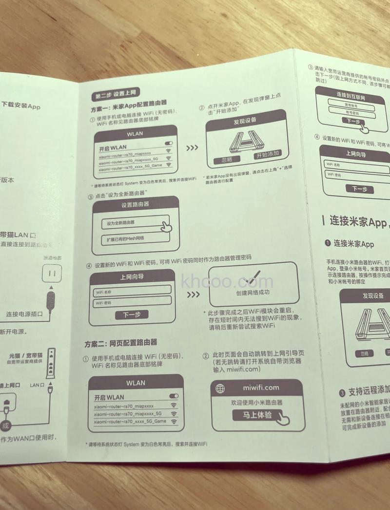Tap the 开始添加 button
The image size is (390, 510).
[x=267, y=155]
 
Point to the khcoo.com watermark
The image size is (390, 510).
[x=227, y=282]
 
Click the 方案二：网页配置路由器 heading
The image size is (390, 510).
[x=120, y=342]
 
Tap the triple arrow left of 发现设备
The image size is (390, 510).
[x=192, y=147]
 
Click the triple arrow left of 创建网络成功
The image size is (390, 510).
[x=193, y=295]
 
